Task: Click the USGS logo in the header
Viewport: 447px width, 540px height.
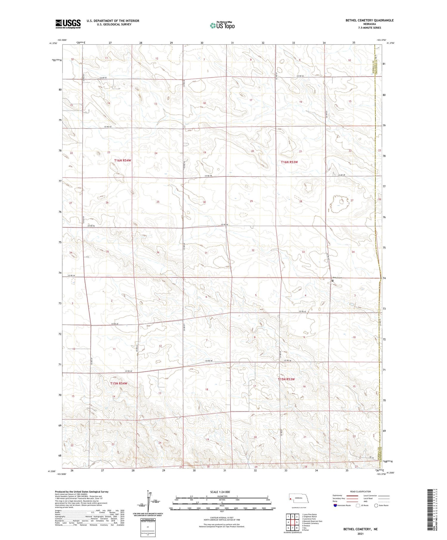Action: coord(68,24)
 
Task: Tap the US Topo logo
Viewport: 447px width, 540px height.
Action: coord(222,26)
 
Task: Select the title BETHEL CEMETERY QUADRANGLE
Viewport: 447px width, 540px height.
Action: coord(369,21)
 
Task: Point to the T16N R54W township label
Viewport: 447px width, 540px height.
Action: coord(122,161)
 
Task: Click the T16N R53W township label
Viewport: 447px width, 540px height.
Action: coord(289,162)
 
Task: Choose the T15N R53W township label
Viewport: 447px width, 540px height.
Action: coord(286,379)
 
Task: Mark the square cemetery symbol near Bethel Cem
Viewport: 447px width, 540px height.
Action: coord(333,281)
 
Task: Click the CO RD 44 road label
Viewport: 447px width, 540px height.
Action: coord(72,276)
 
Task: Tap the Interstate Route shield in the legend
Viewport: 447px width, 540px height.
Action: coord(335,505)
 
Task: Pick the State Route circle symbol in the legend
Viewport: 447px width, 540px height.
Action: coord(376,505)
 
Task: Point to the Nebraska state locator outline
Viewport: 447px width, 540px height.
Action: coord(301,498)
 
